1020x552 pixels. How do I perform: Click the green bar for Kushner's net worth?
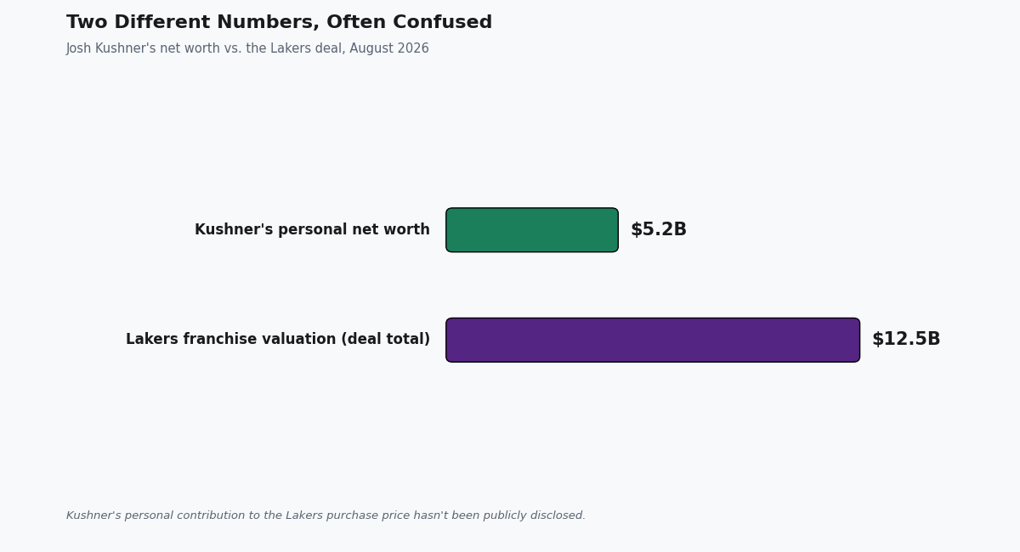pos(532,230)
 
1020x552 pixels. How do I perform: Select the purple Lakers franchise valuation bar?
pos(653,340)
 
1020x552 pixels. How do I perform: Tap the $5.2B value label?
pos(659,229)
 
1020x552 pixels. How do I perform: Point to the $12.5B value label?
pos(906,339)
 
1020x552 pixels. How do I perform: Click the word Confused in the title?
pos(442,22)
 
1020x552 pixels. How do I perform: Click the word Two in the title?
pos(87,22)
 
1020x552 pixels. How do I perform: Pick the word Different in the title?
pos(161,22)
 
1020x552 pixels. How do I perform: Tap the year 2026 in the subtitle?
pos(415,48)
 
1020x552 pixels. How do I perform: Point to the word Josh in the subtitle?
pos(79,48)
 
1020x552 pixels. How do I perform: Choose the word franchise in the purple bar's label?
pos(220,339)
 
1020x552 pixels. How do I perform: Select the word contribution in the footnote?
pos(213,515)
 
